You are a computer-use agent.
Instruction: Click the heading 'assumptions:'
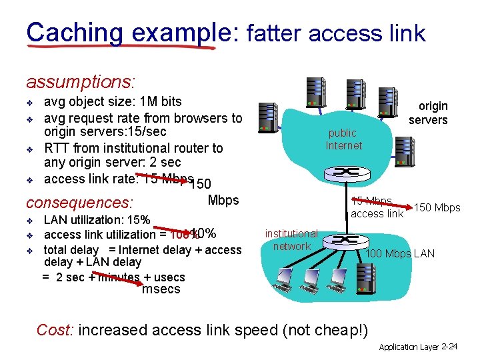80,82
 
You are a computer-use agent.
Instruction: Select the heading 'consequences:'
79,202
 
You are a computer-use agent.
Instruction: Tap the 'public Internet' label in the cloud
343,139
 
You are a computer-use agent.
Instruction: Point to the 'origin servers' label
428,113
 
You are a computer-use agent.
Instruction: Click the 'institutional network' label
291,240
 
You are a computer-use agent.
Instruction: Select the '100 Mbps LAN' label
400,253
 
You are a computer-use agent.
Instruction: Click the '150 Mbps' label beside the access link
437,208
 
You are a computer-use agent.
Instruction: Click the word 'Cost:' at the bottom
55,330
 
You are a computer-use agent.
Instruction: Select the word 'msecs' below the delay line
161,289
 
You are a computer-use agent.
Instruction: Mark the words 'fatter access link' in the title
336,33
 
